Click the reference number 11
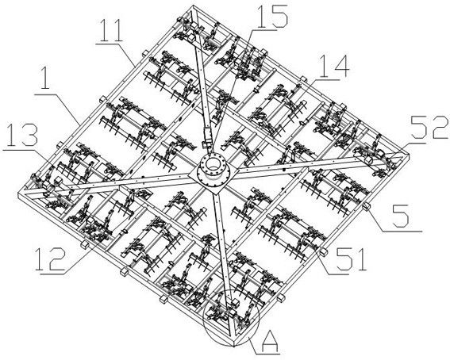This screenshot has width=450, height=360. [110, 30]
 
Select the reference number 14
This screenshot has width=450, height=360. [334, 67]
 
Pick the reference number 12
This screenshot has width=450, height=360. [50, 259]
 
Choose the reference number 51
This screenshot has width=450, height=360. [352, 259]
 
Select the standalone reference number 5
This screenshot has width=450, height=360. [402, 216]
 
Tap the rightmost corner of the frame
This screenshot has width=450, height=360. [408, 155]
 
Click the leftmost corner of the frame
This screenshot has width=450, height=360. [18, 193]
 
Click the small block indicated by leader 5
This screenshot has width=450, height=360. [366, 206]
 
